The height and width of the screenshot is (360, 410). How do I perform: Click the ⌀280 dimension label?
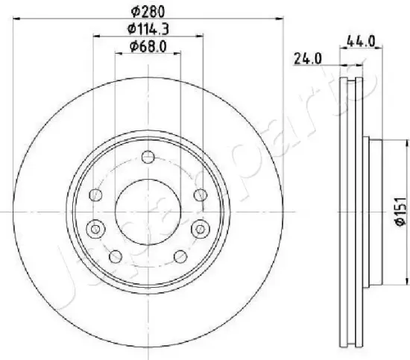pyautogui.click(x=148, y=11)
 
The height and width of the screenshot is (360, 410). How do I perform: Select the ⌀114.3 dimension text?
pyautogui.click(x=148, y=28)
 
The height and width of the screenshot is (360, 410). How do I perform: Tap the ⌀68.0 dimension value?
pyautogui.click(x=148, y=46)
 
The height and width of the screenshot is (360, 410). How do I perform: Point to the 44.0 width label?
pyautogui.click(x=361, y=41)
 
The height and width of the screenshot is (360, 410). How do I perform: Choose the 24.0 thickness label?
pyautogui.click(x=307, y=59)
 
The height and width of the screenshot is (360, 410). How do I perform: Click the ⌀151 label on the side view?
pyautogui.click(x=401, y=212)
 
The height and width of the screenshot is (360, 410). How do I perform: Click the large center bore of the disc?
pyautogui.click(x=148, y=212)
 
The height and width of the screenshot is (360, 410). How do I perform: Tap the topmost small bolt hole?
pyautogui.click(x=148, y=157)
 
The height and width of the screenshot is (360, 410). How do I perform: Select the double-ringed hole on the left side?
pyautogui.click(x=95, y=230)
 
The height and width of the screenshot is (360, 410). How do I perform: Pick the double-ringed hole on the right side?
pyautogui.click(x=201, y=230)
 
